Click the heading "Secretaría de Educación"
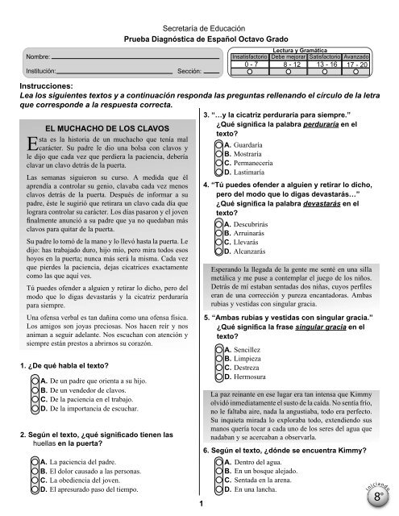click(x=200, y=26)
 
